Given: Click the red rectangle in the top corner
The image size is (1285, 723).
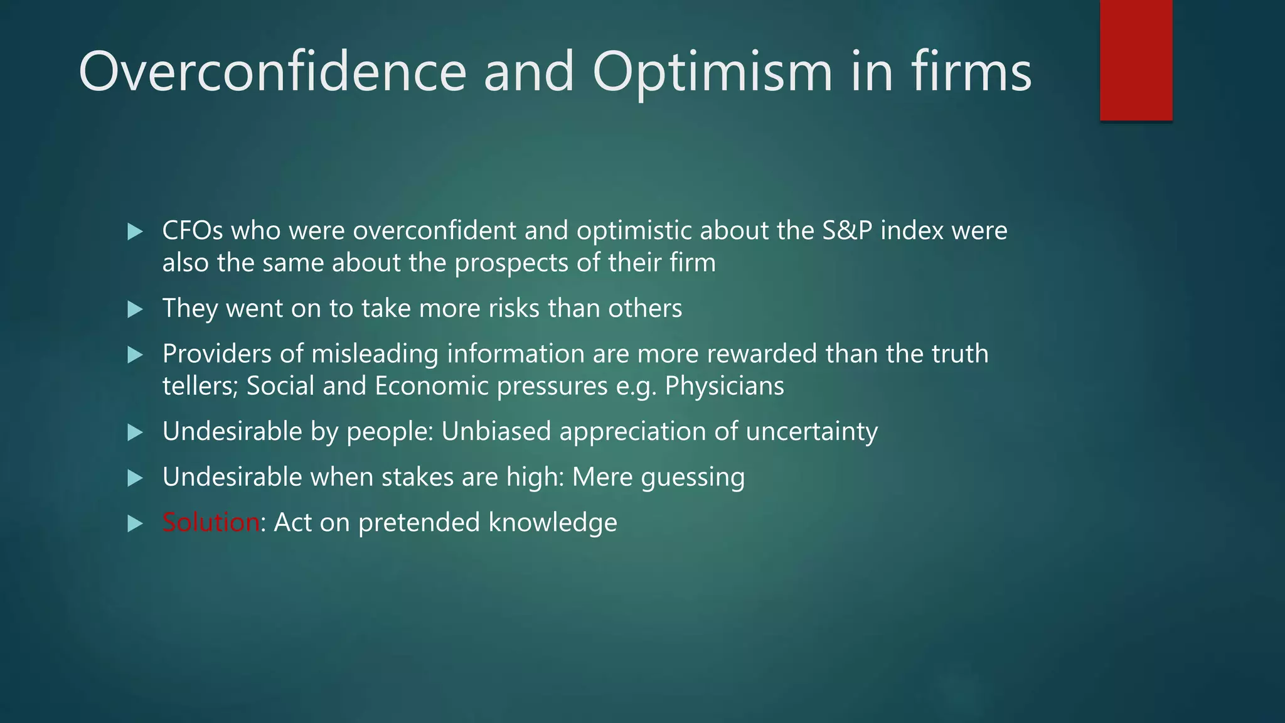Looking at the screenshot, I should (x=1136, y=60).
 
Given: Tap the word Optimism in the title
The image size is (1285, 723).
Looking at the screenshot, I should (x=712, y=73).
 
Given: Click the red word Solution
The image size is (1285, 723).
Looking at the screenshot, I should (x=211, y=522).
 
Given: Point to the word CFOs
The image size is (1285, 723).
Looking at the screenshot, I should (x=193, y=230).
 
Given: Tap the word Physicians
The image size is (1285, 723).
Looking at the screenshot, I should (x=724, y=386).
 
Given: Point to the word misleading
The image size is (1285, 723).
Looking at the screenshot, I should (x=375, y=354).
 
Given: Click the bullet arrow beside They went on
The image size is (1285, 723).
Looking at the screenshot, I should (x=135, y=309).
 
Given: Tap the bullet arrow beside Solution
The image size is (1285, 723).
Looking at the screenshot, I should (x=135, y=523).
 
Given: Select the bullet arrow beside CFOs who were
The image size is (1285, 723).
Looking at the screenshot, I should (x=135, y=232).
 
